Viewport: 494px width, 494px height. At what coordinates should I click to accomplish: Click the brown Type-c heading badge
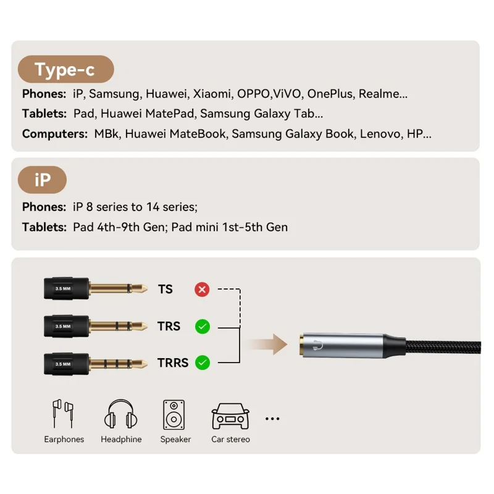pos(65,69)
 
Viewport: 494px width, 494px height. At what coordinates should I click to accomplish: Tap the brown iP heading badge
pos(43,180)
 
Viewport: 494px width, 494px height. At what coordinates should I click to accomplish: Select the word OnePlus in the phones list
pos(330,94)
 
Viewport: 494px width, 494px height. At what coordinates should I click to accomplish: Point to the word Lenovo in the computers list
pos(380,133)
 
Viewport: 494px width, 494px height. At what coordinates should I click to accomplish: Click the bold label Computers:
pos(54,133)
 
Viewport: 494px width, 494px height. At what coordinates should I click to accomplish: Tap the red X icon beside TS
pos(202,289)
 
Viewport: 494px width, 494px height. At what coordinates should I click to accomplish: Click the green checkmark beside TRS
pos(202,326)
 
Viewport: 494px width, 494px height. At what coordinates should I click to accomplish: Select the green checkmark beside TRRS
pos(202,362)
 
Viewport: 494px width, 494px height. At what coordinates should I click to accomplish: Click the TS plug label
pos(165,289)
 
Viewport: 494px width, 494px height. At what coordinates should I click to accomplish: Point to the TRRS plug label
pos(173,362)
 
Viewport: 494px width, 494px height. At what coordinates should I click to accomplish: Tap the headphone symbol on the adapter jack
pos(318,345)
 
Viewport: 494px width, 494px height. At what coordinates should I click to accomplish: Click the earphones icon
pos(63,414)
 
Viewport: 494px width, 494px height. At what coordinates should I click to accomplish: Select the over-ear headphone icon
pos(122,414)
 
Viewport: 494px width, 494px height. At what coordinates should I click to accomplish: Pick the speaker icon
pos(175,414)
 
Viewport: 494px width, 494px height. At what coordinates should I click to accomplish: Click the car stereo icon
pos(230,416)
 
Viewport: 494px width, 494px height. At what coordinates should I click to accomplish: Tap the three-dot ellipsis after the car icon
pos(272,419)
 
